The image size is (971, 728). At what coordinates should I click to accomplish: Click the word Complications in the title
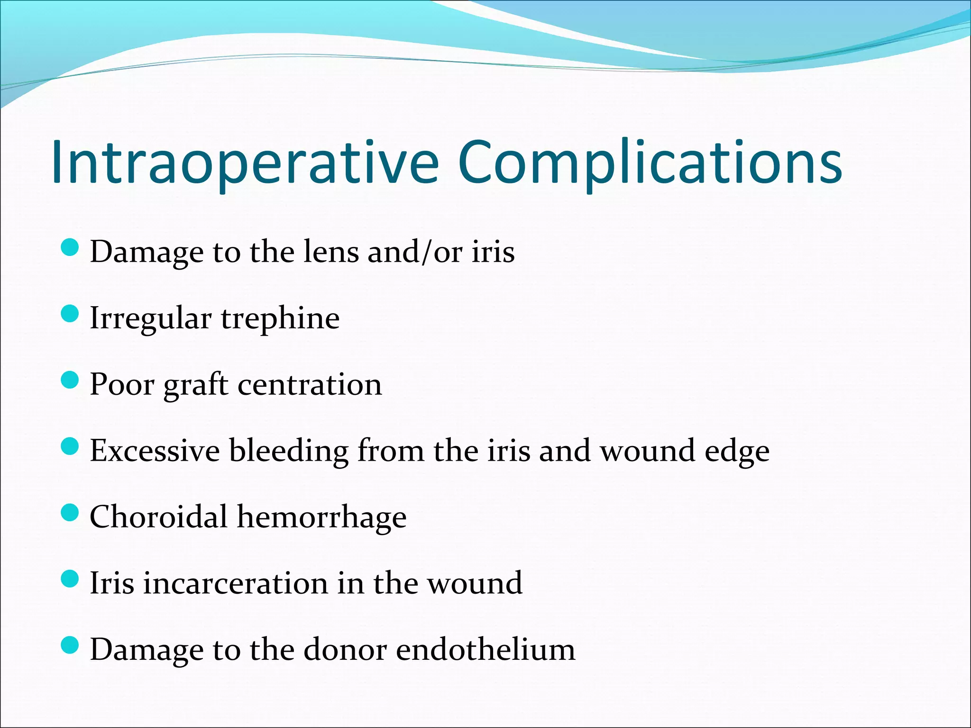click(650, 162)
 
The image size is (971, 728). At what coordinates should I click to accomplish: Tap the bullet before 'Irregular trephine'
click(70, 314)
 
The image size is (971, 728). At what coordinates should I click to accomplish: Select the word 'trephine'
click(280, 319)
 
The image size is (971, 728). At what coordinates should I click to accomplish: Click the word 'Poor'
click(122, 384)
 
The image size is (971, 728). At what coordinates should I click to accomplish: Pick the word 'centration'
click(309, 384)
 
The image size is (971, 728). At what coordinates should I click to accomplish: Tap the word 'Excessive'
click(155, 451)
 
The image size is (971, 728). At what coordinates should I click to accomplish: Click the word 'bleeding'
click(289, 451)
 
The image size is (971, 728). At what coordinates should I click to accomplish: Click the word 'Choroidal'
click(158, 517)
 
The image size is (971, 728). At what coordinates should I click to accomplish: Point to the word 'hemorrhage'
click(321, 518)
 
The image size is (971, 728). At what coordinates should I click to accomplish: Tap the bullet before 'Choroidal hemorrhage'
click(70, 513)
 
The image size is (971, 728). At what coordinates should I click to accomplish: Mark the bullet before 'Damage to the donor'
click(70, 646)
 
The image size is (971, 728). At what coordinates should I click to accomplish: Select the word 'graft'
click(196, 385)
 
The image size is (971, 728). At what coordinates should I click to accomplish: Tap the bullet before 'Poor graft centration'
click(70, 380)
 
